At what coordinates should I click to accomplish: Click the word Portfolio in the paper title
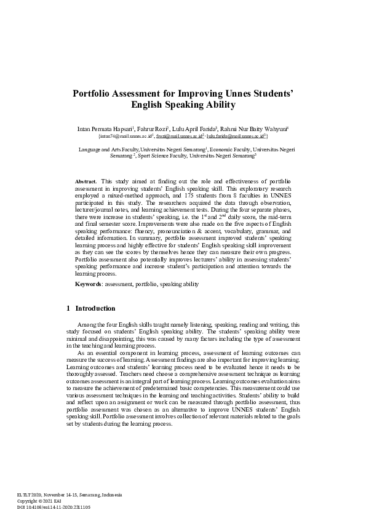click(x=95, y=94)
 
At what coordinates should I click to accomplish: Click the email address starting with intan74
click(x=126, y=136)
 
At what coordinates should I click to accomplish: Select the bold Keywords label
click(x=89, y=284)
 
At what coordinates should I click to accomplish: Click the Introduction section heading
click(x=95, y=308)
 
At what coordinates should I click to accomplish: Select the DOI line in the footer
click(x=54, y=507)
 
